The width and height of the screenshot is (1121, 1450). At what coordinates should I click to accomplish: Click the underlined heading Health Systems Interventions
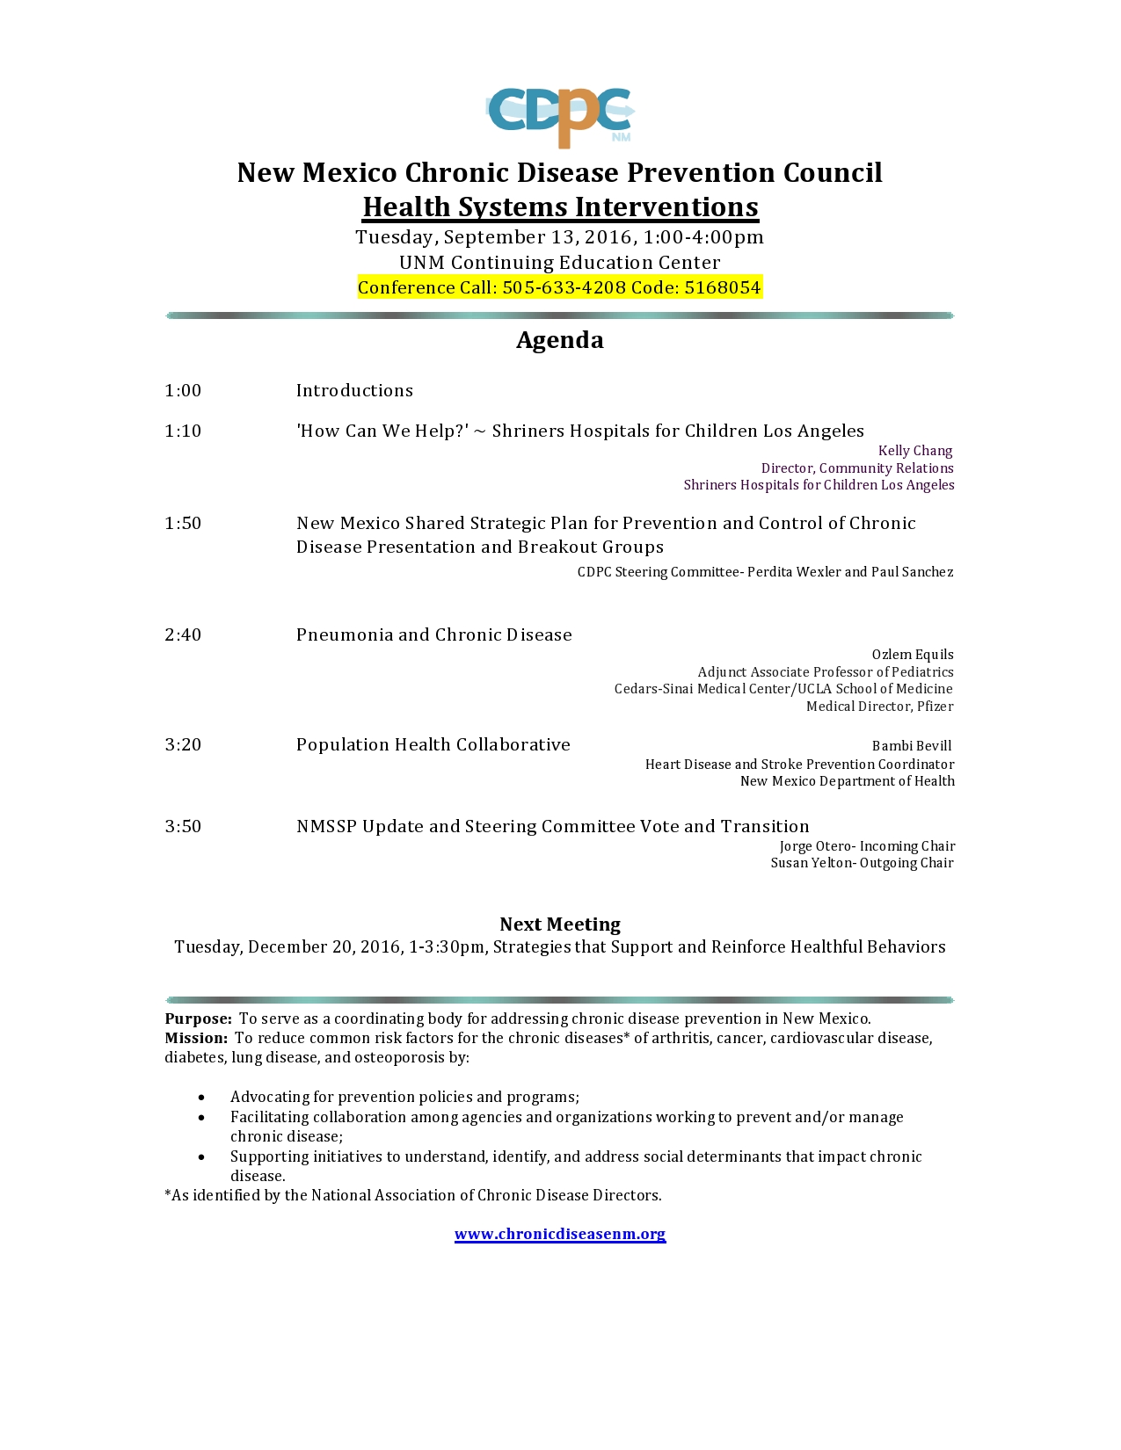tap(560, 207)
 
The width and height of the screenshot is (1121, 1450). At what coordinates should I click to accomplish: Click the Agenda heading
tap(560, 340)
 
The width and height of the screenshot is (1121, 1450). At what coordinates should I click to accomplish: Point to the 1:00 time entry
tap(183, 391)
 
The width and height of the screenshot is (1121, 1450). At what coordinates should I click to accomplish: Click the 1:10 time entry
tap(183, 431)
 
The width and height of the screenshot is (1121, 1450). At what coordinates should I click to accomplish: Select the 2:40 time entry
tap(183, 635)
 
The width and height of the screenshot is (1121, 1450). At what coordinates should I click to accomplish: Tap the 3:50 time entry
tap(183, 827)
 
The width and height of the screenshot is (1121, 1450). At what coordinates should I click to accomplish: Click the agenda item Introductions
tap(354, 391)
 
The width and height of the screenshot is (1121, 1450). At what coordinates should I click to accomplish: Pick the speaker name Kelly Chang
tap(915, 451)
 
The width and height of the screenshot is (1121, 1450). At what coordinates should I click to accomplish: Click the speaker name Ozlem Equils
tap(913, 655)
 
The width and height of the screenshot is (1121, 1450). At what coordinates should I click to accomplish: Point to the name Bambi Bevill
tap(912, 746)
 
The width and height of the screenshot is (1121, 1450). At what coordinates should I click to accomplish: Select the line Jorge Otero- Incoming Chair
tap(867, 846)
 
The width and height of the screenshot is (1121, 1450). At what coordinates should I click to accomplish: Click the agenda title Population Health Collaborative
tap(433, 745)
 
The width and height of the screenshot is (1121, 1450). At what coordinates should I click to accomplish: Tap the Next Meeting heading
tap(560, 924)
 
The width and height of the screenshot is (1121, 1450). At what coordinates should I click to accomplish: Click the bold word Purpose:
tap(199, 1019)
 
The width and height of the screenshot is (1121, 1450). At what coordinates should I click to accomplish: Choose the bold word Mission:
tap(196, 1039)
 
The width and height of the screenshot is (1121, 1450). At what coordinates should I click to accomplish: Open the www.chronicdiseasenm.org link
tap(560, 1235)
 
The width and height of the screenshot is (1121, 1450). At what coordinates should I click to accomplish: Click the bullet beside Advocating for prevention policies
tap(202, 1098)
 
